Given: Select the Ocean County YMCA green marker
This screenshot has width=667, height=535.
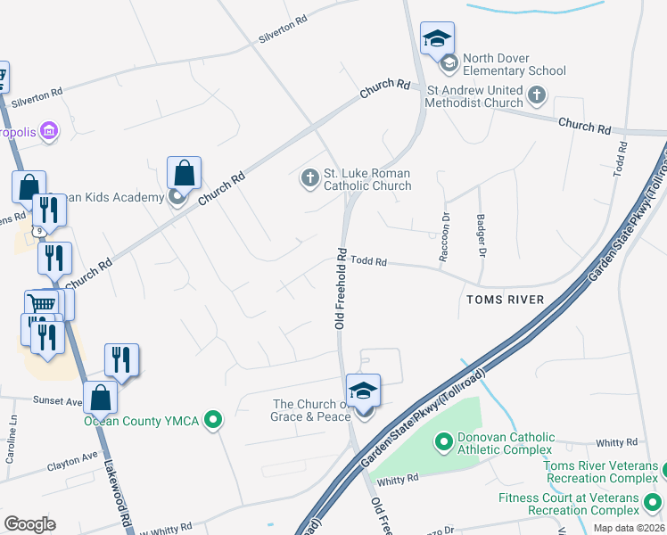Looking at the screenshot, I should tap(212, 419).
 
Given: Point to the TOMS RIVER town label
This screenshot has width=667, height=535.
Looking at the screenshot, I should tap(505, 300).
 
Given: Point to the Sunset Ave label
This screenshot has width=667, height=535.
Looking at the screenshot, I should tap(58, 401).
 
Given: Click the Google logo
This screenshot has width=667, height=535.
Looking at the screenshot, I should tap(29, 524).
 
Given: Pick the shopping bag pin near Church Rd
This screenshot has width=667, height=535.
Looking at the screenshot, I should tap(184, 173).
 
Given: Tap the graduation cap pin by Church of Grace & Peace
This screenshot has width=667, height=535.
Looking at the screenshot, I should tap(363, 391).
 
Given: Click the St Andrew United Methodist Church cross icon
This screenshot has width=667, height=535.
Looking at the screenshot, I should tap(537, 94).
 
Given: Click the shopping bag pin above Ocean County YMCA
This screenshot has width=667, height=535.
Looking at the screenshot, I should tap(101, 398).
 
